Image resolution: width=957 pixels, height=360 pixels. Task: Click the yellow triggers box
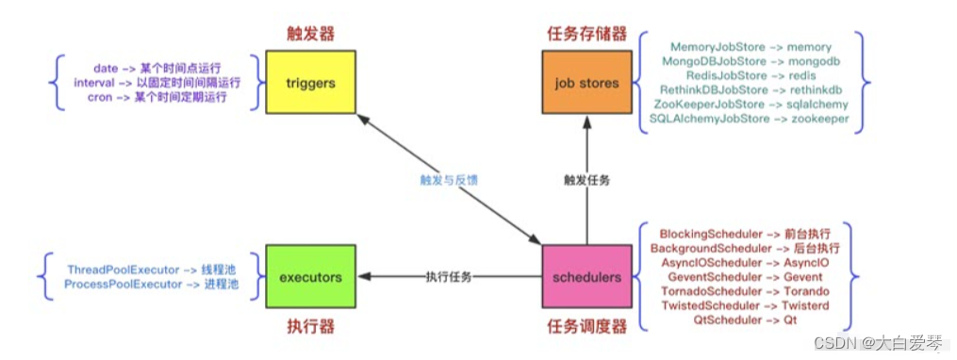click(x=310, y=83)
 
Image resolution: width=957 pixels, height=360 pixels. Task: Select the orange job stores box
click(x=586, y=83)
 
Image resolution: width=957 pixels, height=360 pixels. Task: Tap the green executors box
click(x=310, y=278)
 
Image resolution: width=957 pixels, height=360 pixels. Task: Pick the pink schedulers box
click(x=586, y=278)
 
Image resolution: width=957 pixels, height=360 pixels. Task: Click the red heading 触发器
click(x=310, y=34)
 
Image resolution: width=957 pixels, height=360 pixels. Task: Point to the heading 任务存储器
click(x=586, y=34)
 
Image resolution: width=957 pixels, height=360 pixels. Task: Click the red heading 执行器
click(x=310, y=326)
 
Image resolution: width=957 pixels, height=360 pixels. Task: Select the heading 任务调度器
click(x=586, y=326)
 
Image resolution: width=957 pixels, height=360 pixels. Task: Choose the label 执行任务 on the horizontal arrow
click(x=448, y=278)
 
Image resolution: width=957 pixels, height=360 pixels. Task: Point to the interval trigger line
click(x=157, y=83)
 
